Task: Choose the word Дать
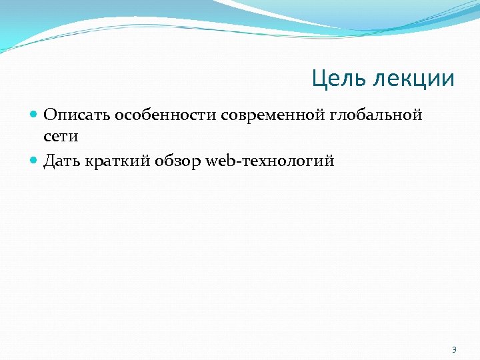coord(63,161)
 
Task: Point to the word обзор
coord(182,161)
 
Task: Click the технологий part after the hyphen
coord(287,161)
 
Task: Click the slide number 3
coord(454,349)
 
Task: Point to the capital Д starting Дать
coord(49,161)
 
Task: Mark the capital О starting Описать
coord(50,115)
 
